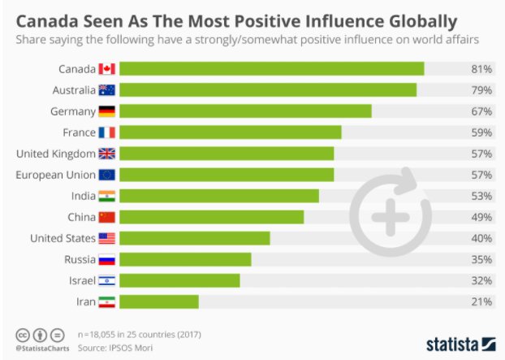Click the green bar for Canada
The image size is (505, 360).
point(272,69)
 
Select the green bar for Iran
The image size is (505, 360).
point(159,301)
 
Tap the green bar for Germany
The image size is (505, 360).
point(246,111)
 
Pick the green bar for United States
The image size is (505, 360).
point(195,238)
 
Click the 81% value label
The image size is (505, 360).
point(481,69)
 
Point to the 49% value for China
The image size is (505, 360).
point(481,217)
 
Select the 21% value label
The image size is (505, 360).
point(481,301)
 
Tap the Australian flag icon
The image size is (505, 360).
point(107,90)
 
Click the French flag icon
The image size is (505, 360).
point(107,132)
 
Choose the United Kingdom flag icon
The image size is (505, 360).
point(107,154)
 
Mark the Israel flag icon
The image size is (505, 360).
point(107,280)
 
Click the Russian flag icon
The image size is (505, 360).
point(107,259)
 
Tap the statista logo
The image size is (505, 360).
point(460,343)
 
